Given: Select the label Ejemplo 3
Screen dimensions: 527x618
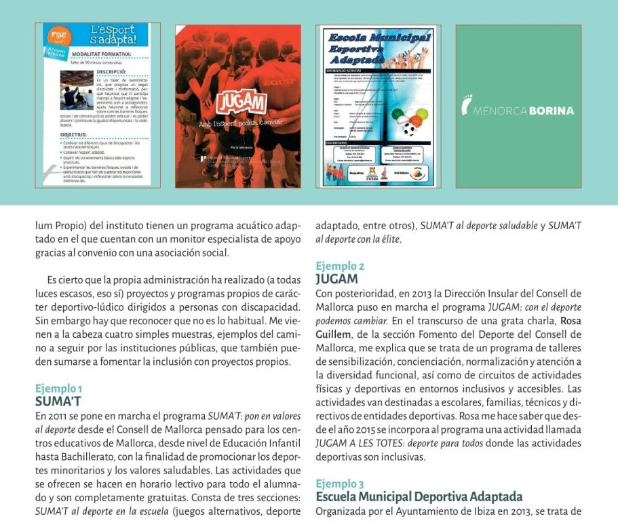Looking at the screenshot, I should click(x=340, y=484).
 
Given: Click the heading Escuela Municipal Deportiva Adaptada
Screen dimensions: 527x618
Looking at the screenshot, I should click(x=419, y=496).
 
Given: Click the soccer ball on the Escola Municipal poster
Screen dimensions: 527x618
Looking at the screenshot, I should click(x=409, y=127).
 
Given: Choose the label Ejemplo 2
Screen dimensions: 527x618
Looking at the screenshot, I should click(x=340, y=267).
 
